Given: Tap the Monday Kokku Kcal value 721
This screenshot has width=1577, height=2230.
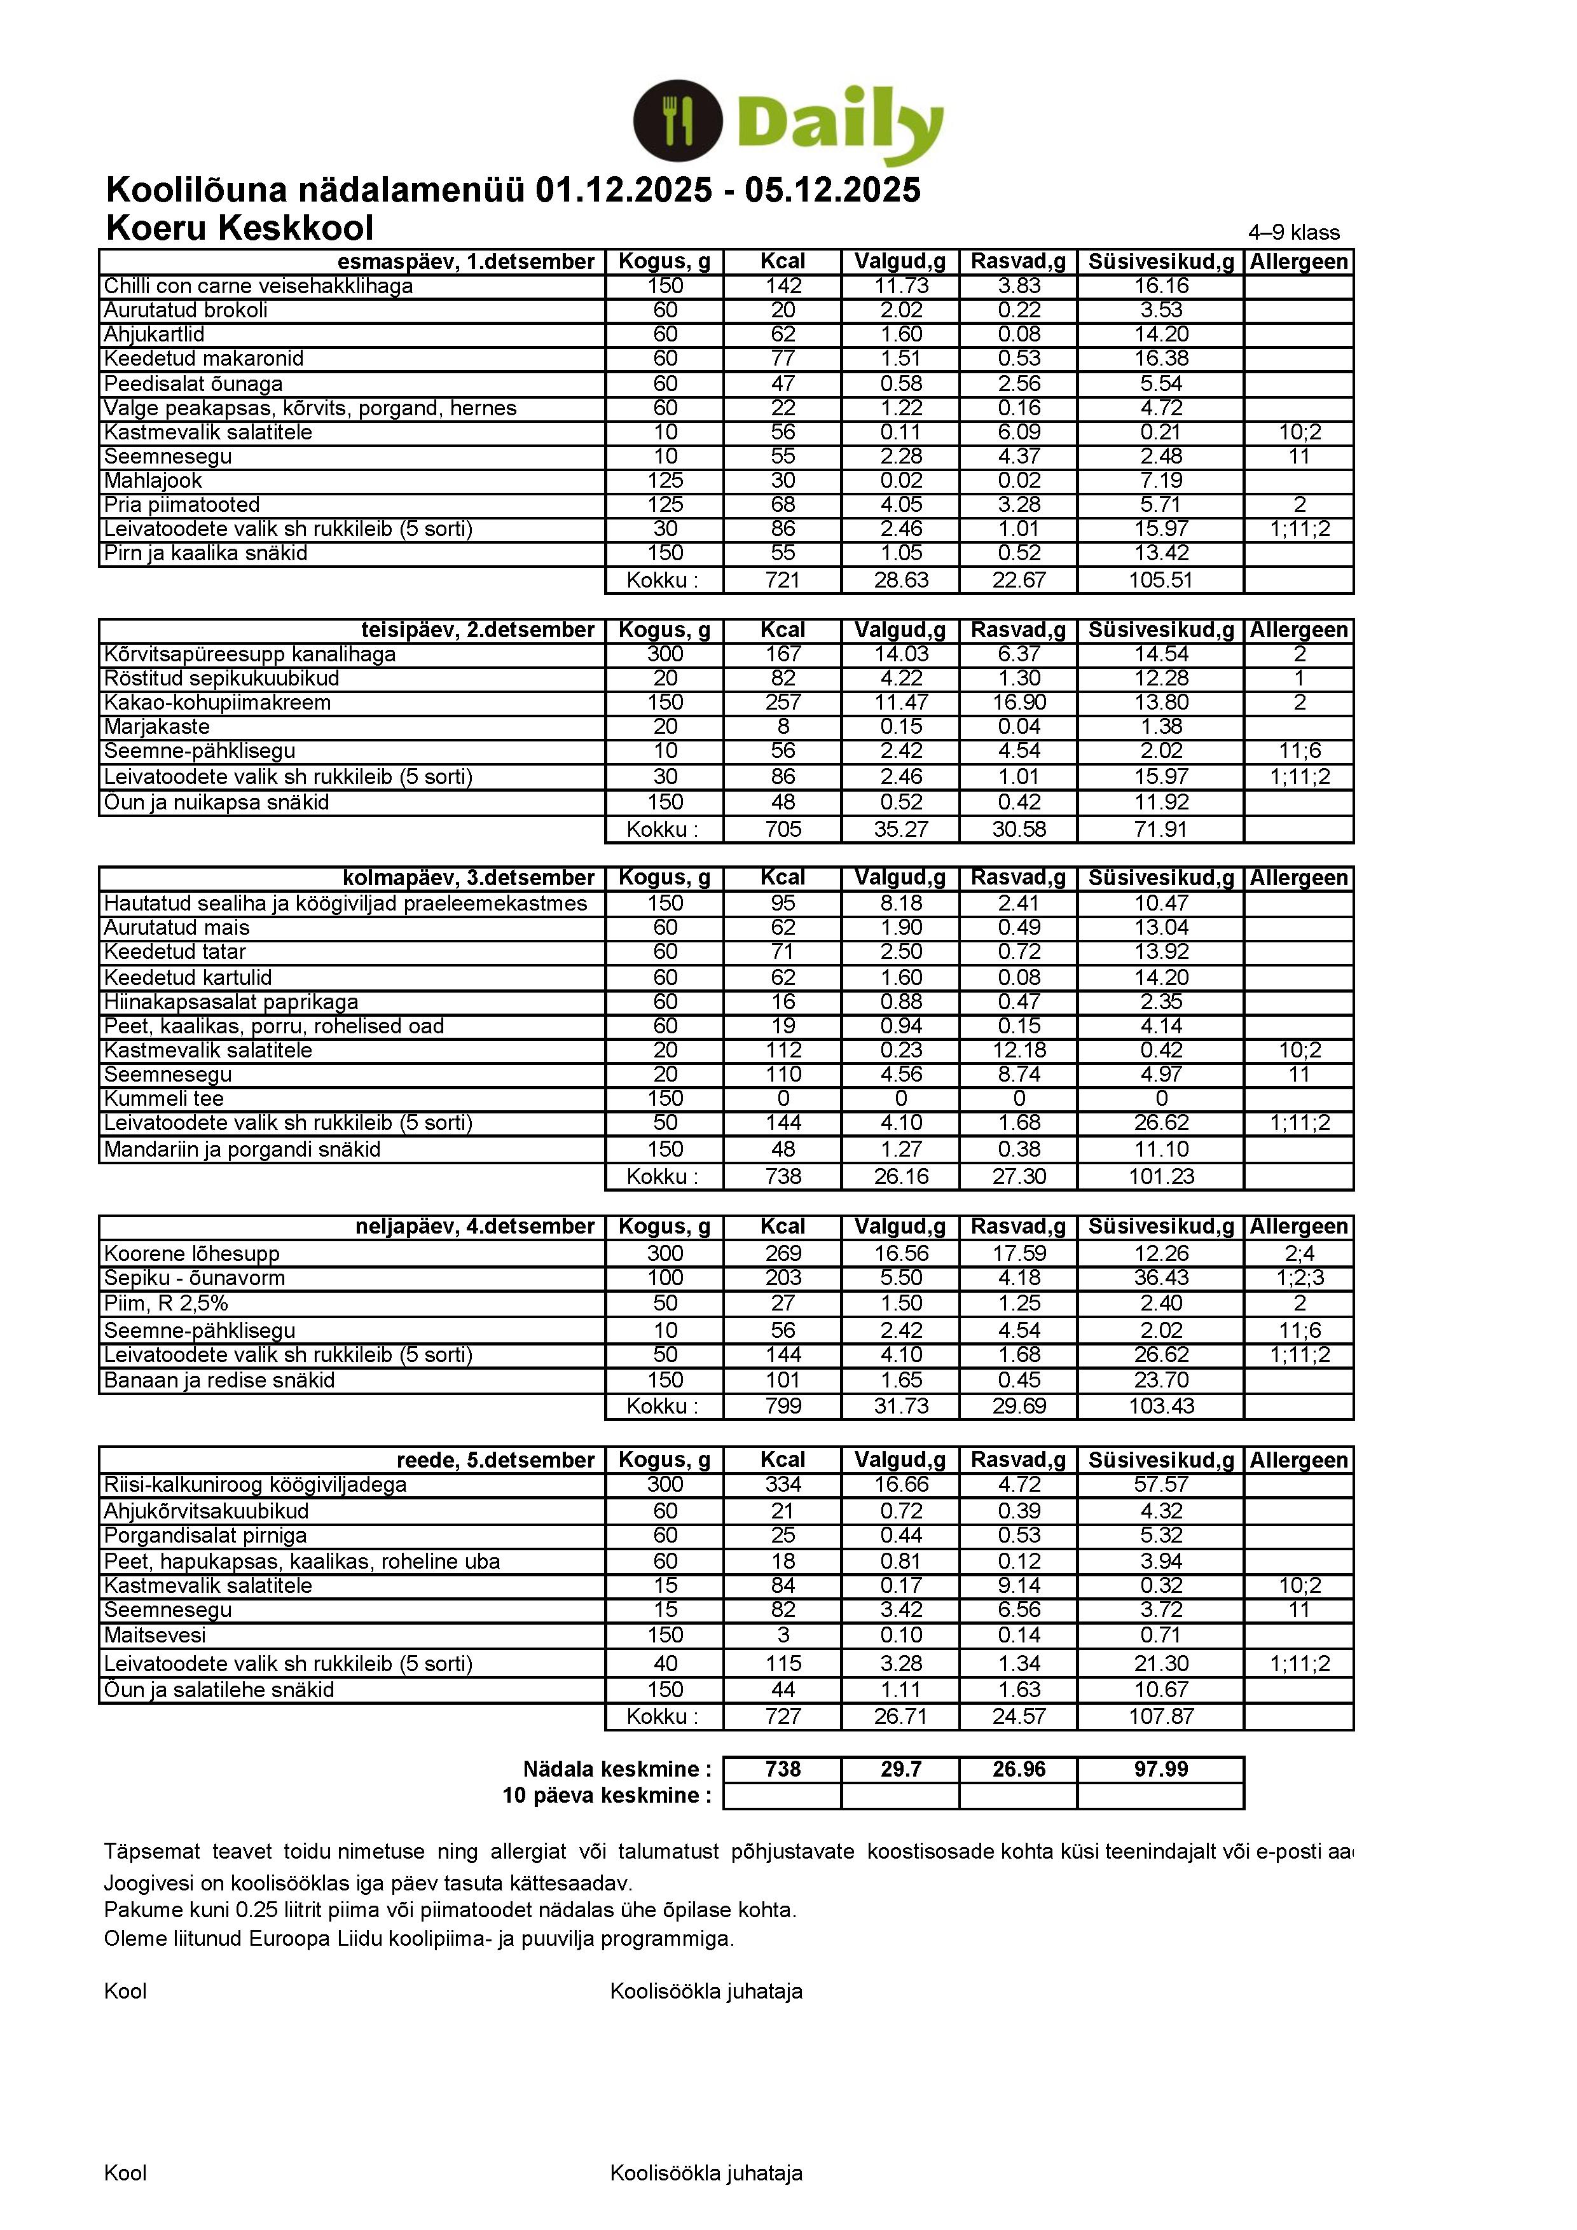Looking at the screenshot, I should pos(783,580).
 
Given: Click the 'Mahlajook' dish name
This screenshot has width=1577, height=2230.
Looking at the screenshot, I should pos(153,481).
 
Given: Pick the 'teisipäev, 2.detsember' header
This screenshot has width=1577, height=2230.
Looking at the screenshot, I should pos(478,630).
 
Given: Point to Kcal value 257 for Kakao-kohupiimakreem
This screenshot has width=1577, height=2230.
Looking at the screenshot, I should pos(783,702).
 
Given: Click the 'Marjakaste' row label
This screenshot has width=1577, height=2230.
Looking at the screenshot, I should pos(156,727).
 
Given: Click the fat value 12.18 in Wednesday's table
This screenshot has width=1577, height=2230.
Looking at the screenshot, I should pos(1019,1050).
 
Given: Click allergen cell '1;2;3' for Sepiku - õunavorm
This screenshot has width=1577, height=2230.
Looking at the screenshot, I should pos(1299,1278).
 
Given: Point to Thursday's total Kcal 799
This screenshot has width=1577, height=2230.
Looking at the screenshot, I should pos(783,1405).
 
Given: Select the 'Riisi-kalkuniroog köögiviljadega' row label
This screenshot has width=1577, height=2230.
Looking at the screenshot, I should pos(256,1485).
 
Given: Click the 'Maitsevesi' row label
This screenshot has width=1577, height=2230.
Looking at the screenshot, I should pos(155,1635).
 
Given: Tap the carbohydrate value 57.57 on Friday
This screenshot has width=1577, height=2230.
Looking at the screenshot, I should pos(1160,1485).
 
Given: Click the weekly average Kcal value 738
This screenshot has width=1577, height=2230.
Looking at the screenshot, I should pos(783,1768).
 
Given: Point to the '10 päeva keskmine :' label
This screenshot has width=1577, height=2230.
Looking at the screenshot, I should pos(606,1795).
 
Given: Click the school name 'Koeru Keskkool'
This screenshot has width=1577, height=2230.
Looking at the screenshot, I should pos(239,227).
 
